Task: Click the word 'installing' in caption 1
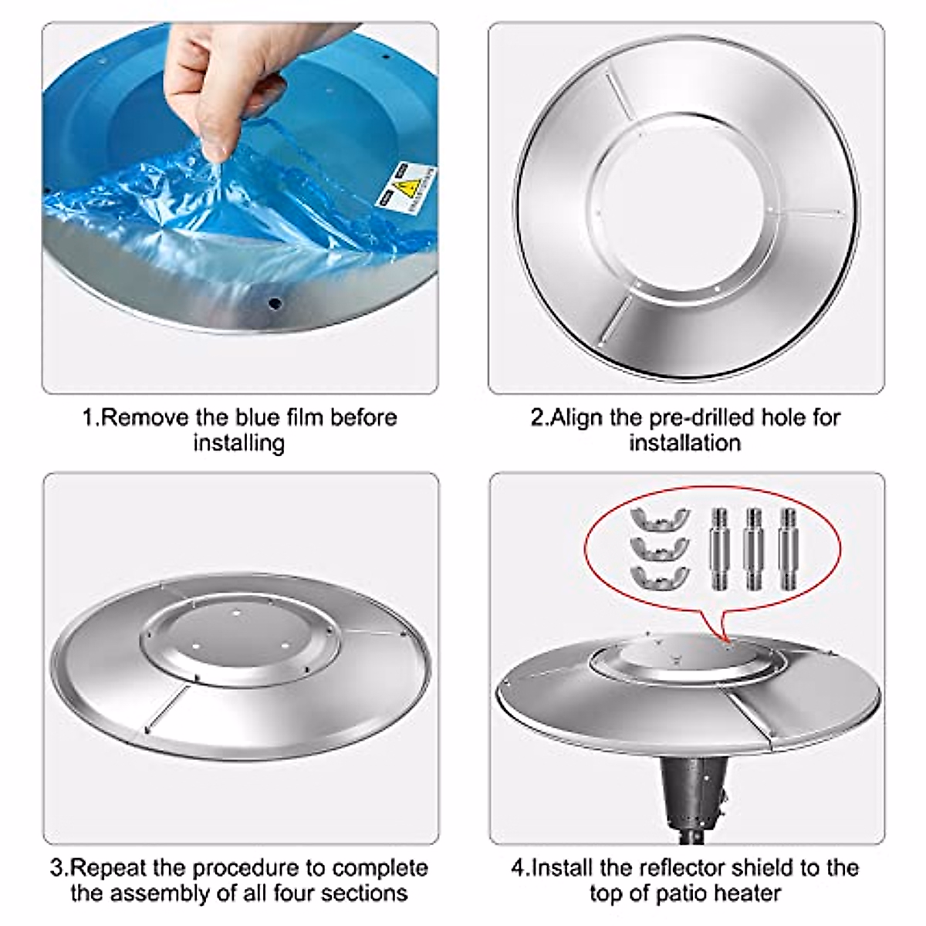point(238,444)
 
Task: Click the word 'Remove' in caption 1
point(146,418)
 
